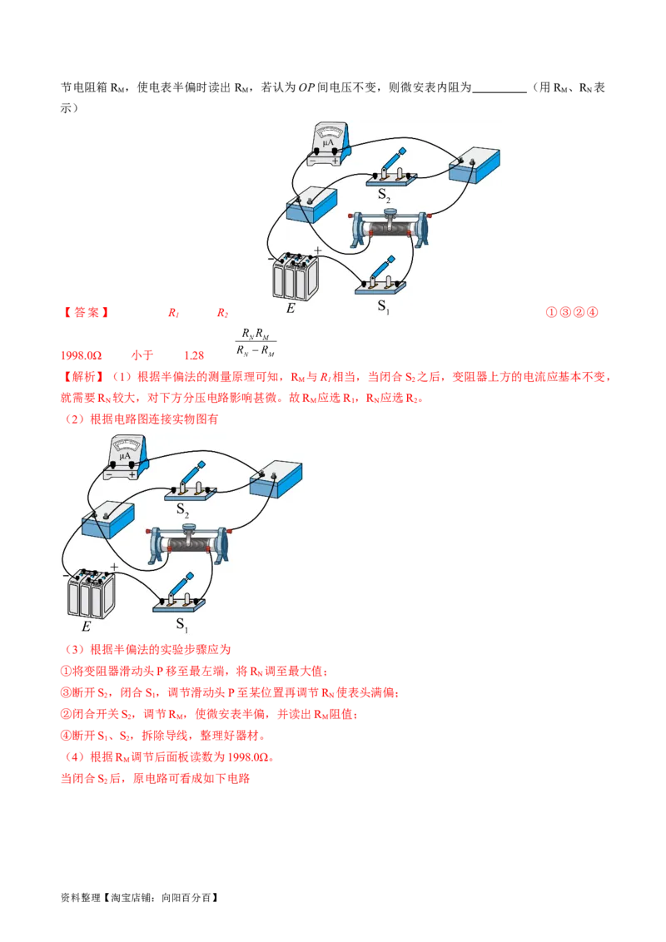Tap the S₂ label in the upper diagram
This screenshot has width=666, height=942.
384,196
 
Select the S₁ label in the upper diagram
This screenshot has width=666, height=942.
384,305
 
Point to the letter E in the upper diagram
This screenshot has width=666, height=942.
291,308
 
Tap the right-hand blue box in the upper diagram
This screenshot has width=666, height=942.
475,166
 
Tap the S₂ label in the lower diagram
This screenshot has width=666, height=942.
182,509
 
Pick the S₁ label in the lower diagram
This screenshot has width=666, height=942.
181,622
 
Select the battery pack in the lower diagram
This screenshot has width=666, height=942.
92,592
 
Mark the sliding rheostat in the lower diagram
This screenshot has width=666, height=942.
188,543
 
